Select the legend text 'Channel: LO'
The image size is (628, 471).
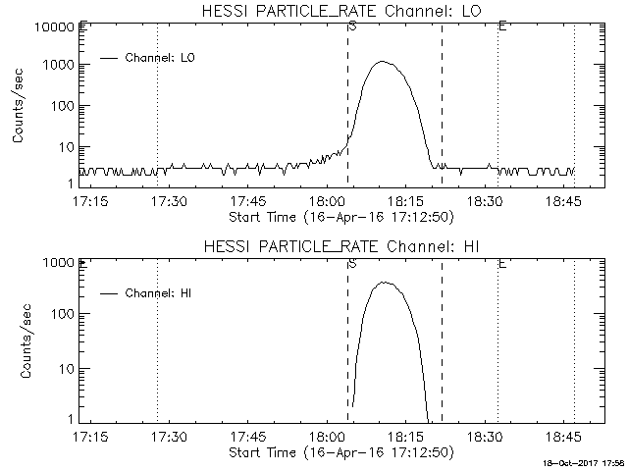pos(161,58)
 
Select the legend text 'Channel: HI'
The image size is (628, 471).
pos(159,292)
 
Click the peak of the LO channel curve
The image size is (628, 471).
pos(383,62)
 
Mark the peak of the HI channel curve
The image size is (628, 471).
pos(384,283)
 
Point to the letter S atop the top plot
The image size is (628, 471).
pos(351,26)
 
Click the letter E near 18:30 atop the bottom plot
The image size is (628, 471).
pos(501,263)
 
